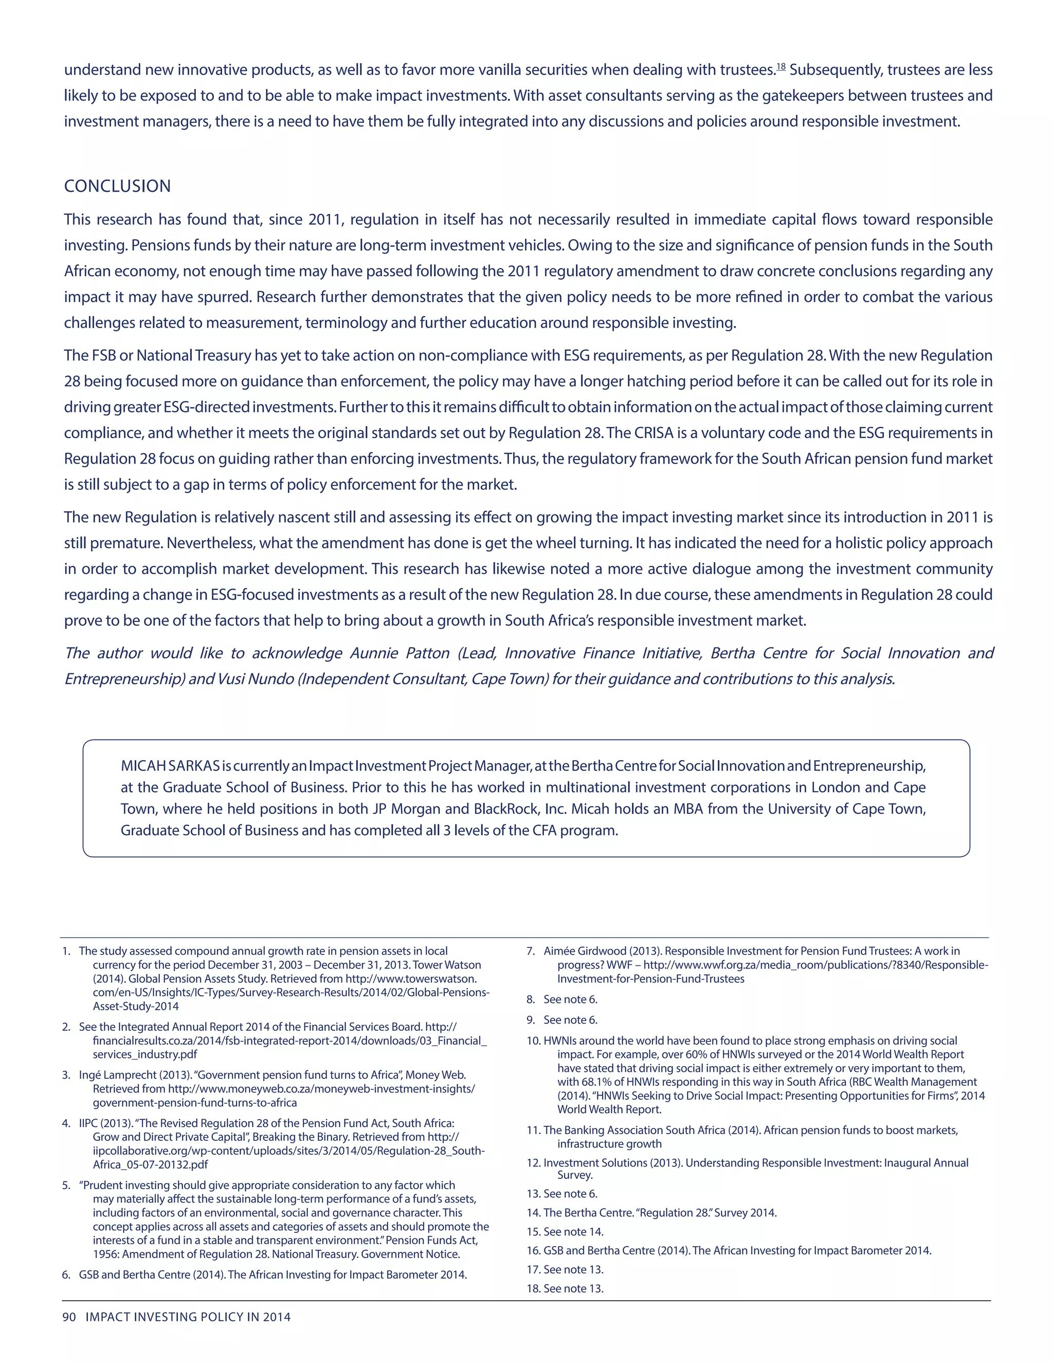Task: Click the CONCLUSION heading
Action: point(117,186)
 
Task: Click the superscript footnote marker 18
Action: point(780,67)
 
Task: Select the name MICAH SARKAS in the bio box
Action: point(170,766)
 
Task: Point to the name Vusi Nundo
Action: point(256,679)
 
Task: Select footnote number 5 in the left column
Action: point(66,1185)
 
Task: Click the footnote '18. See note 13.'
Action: point(565,1288)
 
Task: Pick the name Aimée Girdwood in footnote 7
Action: point(585,951)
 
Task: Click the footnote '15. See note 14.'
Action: point(565,1231)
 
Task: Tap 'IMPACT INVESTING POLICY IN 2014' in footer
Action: point(188,1317)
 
